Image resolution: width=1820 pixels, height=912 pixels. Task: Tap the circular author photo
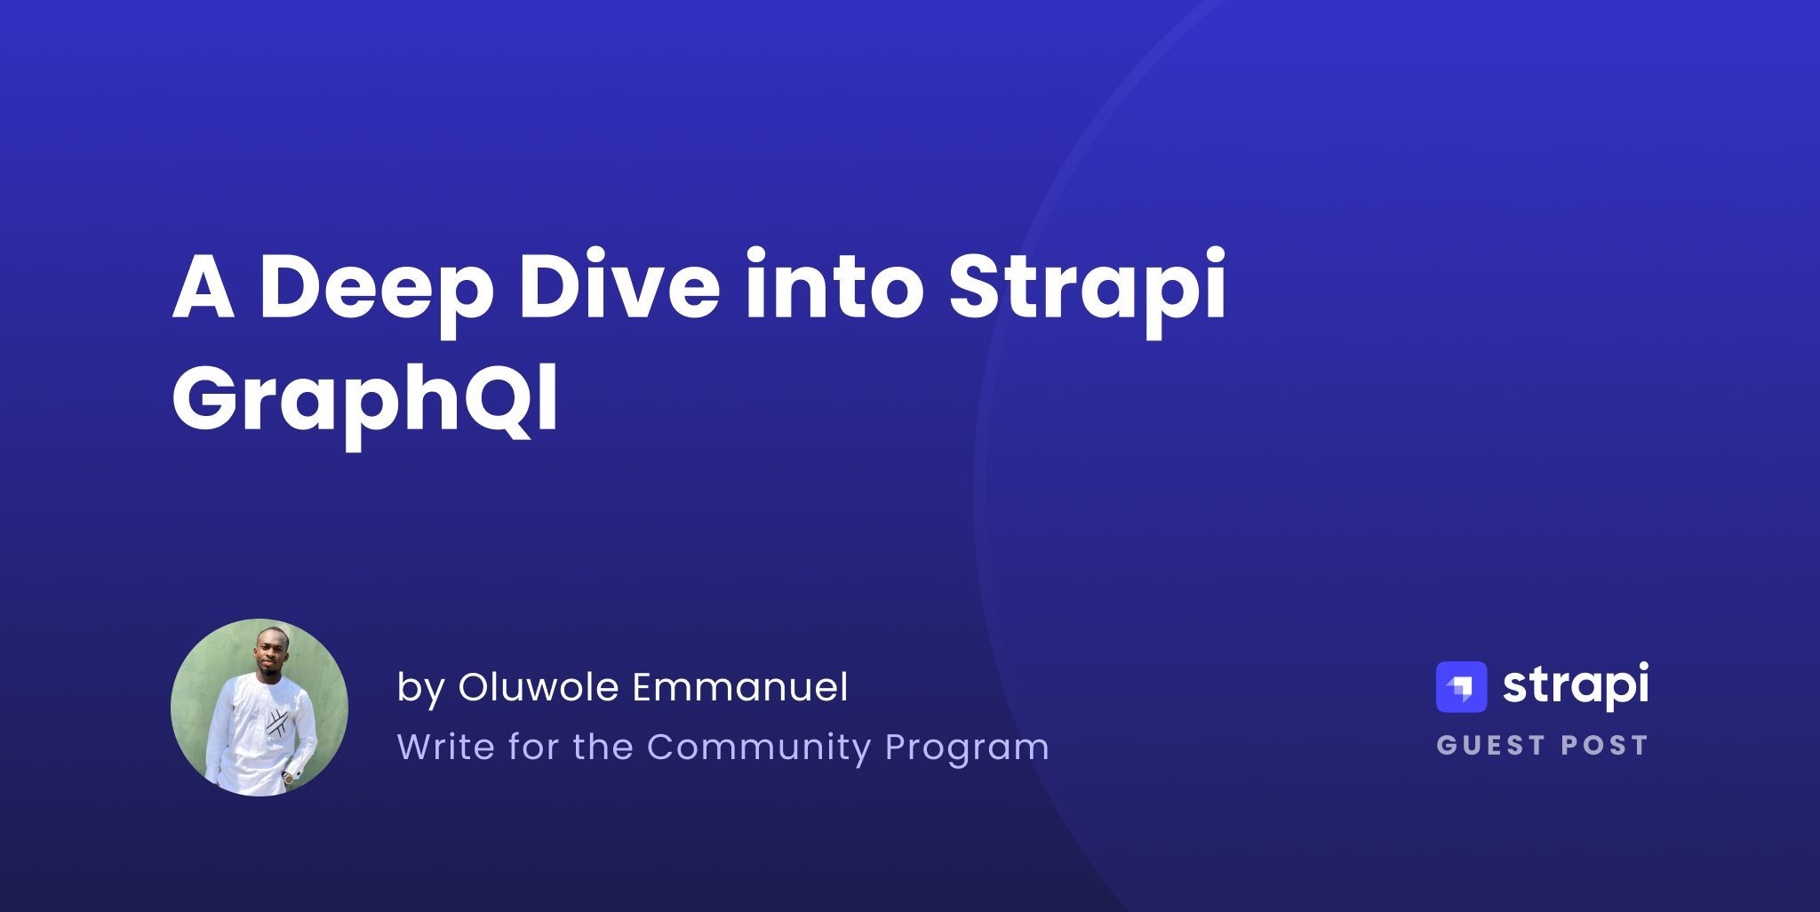(x=259, y=708)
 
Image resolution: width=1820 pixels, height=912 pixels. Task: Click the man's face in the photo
(x=268, y=649)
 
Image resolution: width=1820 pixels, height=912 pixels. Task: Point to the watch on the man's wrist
(x=289, y=777)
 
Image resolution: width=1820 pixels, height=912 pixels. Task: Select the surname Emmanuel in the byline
(x=740, y=687)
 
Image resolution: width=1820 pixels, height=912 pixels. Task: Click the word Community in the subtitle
(x=759, y=747)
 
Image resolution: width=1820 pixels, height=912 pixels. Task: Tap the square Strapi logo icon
(x=1461, y=687)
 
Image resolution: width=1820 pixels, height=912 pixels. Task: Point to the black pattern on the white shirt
(x=276, y=721)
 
